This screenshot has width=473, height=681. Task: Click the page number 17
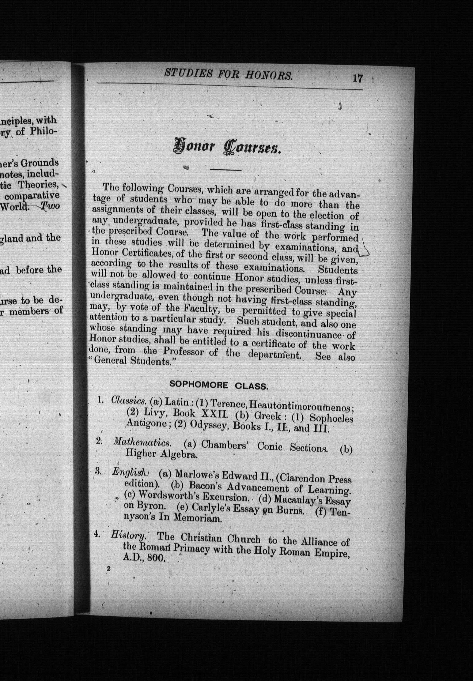point(358,78)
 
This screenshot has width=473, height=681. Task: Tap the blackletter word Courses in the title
point(253,150)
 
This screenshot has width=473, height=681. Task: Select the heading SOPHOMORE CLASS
point(219,386)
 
